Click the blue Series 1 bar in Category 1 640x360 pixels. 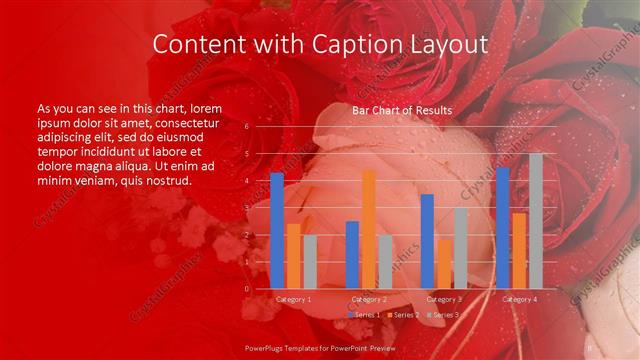tap(277, 231)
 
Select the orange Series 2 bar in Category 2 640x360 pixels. tap(369, 229)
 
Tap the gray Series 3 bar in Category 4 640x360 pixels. tap(536, 221)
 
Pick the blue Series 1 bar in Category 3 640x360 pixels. tap(427, 241)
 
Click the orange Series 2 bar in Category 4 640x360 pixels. tap(519, 250)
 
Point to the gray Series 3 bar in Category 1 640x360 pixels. tap(309, 262)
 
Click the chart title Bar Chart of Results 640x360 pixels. tap(401, 110)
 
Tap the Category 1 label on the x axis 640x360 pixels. tap(293, 299)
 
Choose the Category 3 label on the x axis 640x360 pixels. tap(444, 299)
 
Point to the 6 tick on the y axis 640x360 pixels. tap(246, 127)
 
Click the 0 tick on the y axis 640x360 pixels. tap(246, 289)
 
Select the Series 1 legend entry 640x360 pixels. tap(364, 315)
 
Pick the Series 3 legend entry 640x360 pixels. tap(442, 315)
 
